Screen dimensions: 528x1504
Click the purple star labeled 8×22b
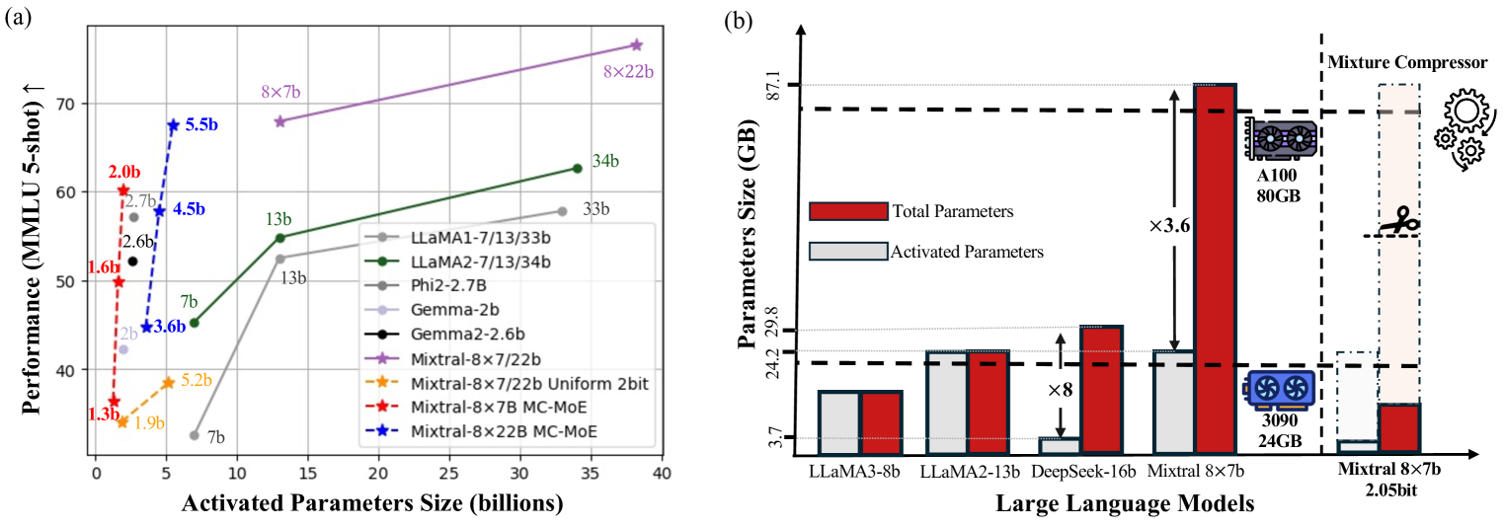(637, 45)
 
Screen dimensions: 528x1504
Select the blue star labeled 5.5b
(174, 125)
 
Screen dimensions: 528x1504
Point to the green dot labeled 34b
(578, 169)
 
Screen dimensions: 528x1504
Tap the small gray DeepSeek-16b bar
(1060, 446)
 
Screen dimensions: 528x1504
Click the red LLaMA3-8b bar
(881, 423)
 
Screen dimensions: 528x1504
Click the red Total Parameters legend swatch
(846, 211)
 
